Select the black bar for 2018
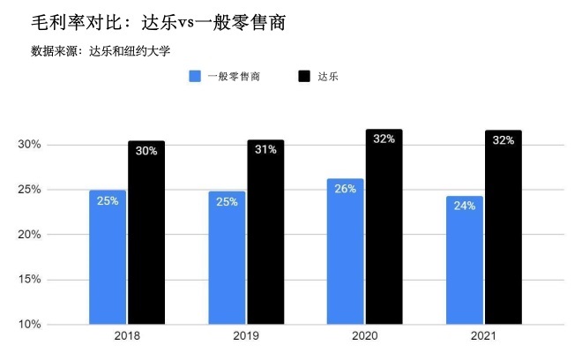[146, 233]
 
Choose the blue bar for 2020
[345, 251]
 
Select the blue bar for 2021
[465, 260]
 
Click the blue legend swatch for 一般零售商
[195, 77]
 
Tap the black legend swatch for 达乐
[306, 77]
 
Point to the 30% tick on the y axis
[30, 145]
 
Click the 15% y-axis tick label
[30, 280]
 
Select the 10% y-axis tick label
[30, 325]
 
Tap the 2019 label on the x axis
[246, 336]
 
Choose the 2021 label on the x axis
[484, 336]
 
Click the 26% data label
[345, 188]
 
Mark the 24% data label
[465, 206]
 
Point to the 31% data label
[265, 150]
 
